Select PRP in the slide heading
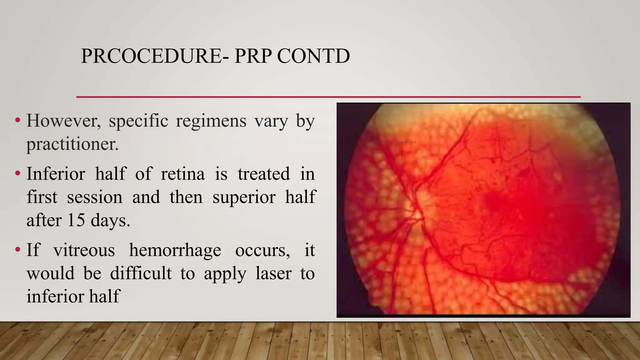252,56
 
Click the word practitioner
72,144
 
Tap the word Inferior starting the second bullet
56,174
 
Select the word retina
183,174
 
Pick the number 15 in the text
76,220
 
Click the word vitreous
84,250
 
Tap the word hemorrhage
175,250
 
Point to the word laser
273,273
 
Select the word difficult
141,273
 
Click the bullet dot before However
17,120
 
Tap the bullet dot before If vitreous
17,250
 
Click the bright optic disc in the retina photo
416,213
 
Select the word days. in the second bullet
110,220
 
